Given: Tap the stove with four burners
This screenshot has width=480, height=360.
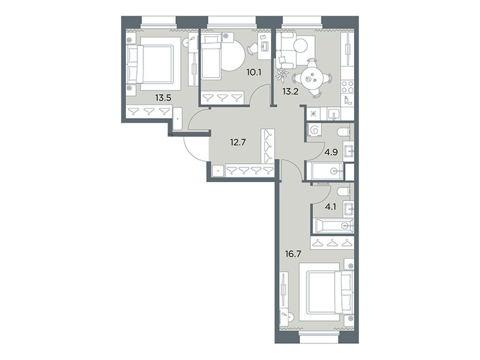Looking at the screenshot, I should [x=347, y=86].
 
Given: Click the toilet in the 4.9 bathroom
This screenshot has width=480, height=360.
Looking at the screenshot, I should [x=342, y=130].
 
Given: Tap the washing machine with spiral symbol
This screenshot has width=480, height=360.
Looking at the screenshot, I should [x=314, y=129].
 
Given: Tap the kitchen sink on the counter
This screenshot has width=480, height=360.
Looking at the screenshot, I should [x=333, y=113].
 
